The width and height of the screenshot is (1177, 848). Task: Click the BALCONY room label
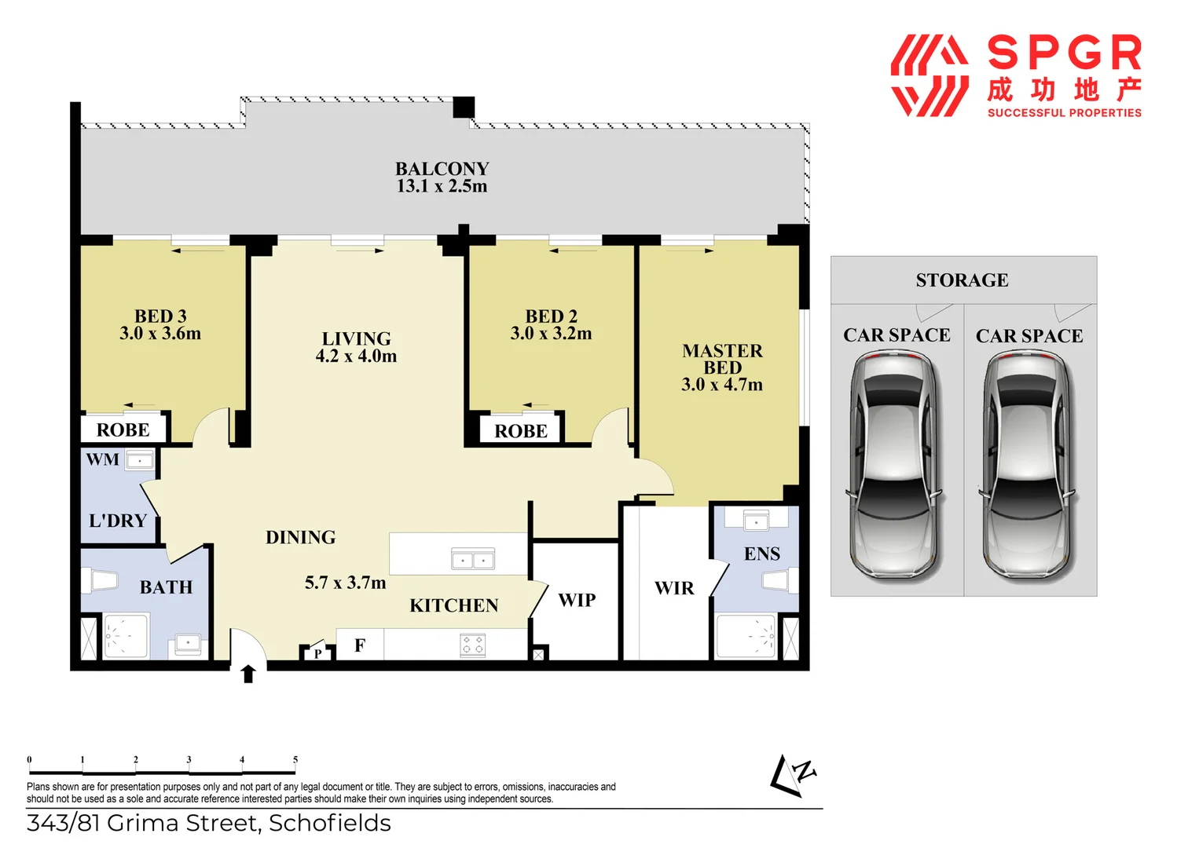click(442, 169)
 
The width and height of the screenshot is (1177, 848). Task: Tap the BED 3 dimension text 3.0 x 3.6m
click(160, 334)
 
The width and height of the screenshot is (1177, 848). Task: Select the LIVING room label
click(356, 338)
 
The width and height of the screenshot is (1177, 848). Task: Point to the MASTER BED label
click(722, 359)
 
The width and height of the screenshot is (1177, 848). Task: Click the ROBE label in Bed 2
click(521, 431)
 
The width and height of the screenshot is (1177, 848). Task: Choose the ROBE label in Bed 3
click(123, 430)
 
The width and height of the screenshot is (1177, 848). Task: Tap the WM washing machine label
click(103, 459)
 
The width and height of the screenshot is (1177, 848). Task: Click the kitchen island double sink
click(473, 559)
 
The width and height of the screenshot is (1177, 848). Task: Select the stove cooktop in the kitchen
click(472, 645)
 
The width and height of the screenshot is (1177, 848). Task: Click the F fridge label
click(360, 645)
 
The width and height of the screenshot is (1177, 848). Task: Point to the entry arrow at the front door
click(248, 674)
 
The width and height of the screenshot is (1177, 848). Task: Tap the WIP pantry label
click(577, 600)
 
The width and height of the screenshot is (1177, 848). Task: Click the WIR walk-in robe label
click(674, 588)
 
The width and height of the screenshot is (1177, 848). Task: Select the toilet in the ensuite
click(778, 581)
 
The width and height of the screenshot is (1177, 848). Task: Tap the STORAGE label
click(962, 280)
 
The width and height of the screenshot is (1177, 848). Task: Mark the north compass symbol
click(794, 776)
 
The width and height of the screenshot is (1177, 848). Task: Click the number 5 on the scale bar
click(295, 759)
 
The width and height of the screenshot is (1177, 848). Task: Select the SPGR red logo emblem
click(929, 75)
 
